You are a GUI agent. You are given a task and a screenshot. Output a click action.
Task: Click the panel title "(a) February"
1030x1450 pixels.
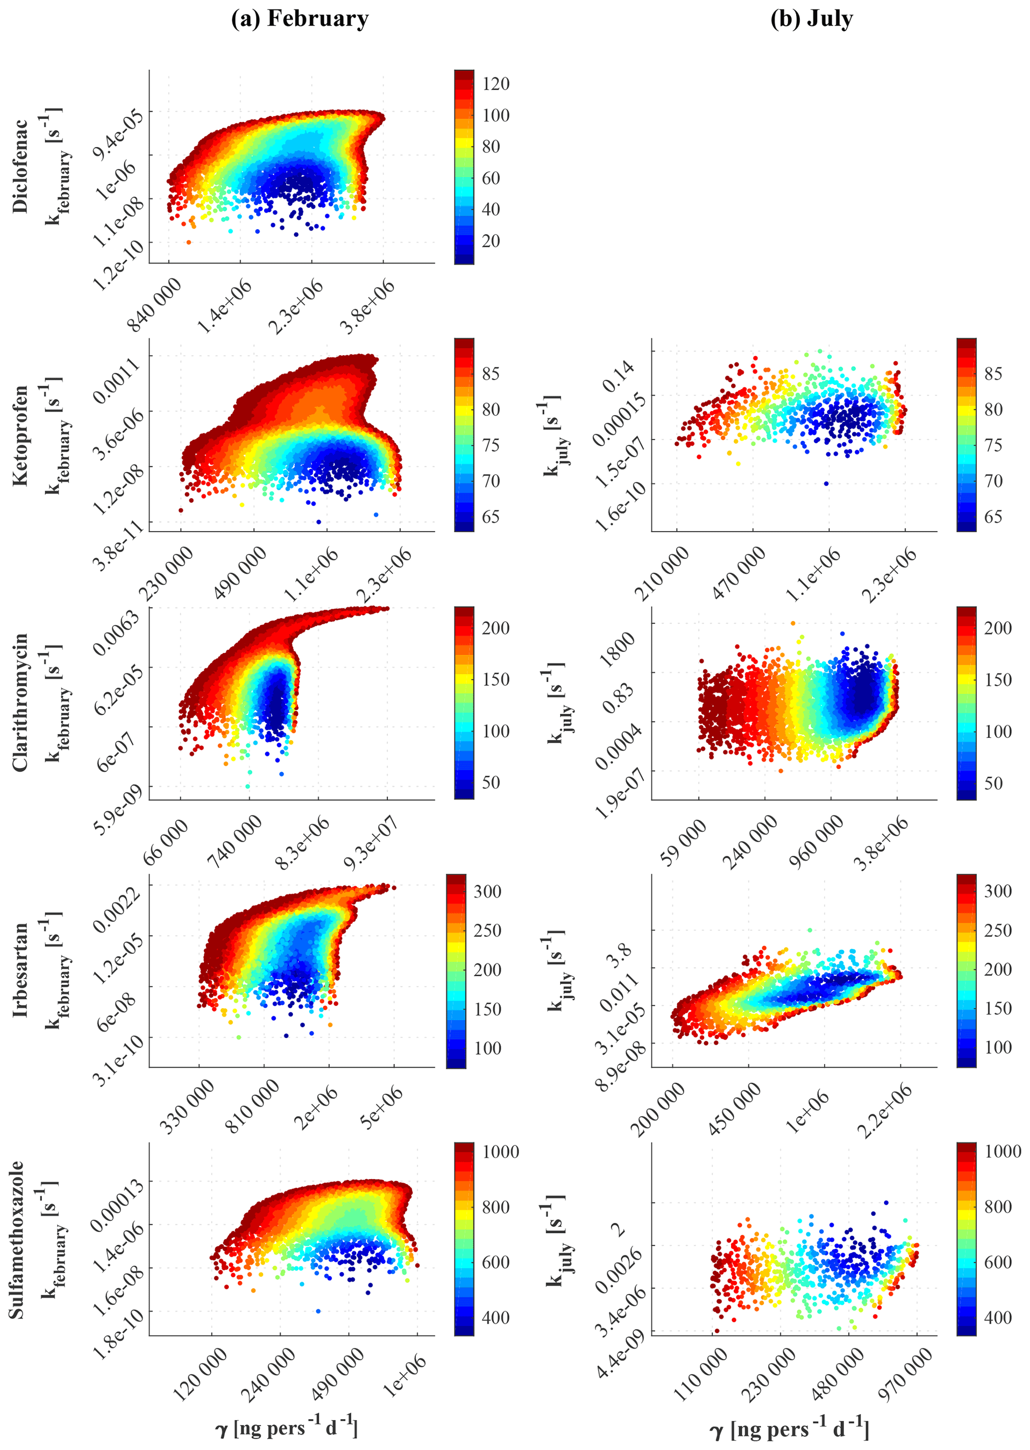click(x=299, y=19)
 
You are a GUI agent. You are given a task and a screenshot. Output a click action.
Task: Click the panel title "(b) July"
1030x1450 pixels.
click(x=811, y=19)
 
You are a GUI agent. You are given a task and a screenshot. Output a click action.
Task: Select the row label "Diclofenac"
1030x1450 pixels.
click(x=20, y=166)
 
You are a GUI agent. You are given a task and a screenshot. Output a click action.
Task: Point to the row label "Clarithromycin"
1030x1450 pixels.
click(x=20, y=702)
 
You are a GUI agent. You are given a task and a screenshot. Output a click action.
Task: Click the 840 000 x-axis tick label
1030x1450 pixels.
click(x=155, y=304)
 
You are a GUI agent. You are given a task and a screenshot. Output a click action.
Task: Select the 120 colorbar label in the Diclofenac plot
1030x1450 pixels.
click(x=495, y=84)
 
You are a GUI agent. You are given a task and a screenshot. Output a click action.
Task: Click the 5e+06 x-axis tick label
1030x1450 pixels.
click(x=381, y=1106)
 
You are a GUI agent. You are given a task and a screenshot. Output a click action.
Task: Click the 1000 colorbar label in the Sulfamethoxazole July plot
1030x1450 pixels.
click(x=1003, y=1151)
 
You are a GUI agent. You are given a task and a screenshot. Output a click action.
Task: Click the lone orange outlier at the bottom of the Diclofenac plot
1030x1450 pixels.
click(x=188, y=242)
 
